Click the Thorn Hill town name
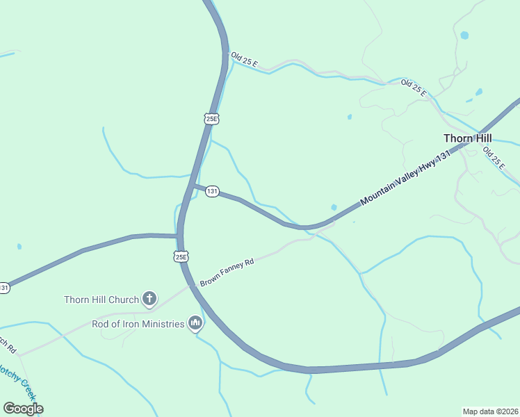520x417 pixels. click(468, 138)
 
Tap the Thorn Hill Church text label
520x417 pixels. click(101, 300)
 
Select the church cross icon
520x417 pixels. click(149, 300)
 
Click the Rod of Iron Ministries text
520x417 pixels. click(138, 324)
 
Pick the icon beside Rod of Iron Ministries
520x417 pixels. click(195, 323)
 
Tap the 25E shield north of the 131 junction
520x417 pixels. click(212, 118)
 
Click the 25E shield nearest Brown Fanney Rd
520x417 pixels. click(181, 256)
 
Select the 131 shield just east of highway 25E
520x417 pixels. click(212, 191)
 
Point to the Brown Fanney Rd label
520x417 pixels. click(227, 272)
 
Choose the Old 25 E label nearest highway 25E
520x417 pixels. click(245, 60)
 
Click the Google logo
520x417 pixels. click(23, 409)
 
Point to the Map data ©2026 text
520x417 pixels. click(490, 411)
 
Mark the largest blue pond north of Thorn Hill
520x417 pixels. click(464, 35)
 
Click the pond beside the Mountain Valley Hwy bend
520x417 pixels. click(334, 207)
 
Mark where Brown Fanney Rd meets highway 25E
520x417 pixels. click(190, 286)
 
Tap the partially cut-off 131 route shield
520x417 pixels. click(4, 288)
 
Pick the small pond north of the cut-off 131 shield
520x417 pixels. click(19, 247)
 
